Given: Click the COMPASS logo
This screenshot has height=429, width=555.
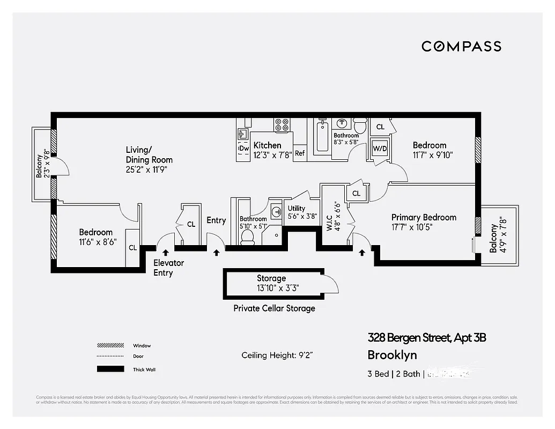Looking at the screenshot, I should [461, 46].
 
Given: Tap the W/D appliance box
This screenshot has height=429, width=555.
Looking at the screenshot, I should [380, 148].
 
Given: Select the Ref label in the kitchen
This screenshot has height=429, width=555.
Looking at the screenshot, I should [300, 153].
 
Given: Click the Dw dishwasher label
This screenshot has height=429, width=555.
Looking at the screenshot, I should [243, 148].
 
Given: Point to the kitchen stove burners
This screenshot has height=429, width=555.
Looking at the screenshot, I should [282, 125].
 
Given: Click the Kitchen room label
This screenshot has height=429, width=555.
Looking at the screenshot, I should [267, 145].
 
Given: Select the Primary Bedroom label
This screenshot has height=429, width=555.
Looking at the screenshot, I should [424, 217].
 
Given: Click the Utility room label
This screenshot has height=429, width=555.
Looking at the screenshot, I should [297, 209].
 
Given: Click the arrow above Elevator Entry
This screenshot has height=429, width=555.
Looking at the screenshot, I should [165, 251].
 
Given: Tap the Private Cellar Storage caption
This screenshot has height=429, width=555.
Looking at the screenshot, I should [274, 308].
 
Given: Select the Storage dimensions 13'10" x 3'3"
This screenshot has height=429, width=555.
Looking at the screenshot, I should [277, 288].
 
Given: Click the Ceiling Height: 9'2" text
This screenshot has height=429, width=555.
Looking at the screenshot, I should [277, 355].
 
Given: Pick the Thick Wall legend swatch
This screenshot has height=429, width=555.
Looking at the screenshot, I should [110, 369].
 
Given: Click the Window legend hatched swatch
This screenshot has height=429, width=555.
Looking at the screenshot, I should [110, 346].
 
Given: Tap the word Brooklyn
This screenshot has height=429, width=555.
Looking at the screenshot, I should [391, 355].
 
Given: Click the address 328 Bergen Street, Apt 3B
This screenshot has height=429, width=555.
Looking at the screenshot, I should [426, 338].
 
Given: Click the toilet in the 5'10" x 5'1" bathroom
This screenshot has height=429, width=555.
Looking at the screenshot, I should [248, 236].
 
